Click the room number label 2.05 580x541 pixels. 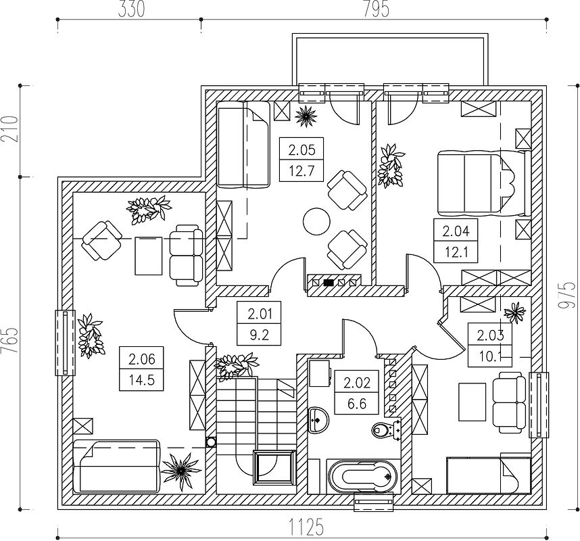click(301, 150)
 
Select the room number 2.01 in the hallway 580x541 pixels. click(260, 314)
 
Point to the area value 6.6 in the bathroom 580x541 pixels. click(357, 403)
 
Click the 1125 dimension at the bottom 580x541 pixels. click(306, 527)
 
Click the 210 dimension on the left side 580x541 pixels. click(9, 129)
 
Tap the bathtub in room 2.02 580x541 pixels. click(362, 477)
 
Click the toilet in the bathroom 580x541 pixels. click(384, 429)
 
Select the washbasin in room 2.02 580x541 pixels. click(318, 420)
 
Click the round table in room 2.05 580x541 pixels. click(316, 221)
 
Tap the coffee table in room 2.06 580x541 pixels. click(148, 256)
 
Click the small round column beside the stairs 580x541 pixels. click(211, 442)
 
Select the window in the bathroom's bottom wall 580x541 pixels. click(374, 501)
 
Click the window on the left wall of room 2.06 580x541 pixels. click(65, 343)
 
